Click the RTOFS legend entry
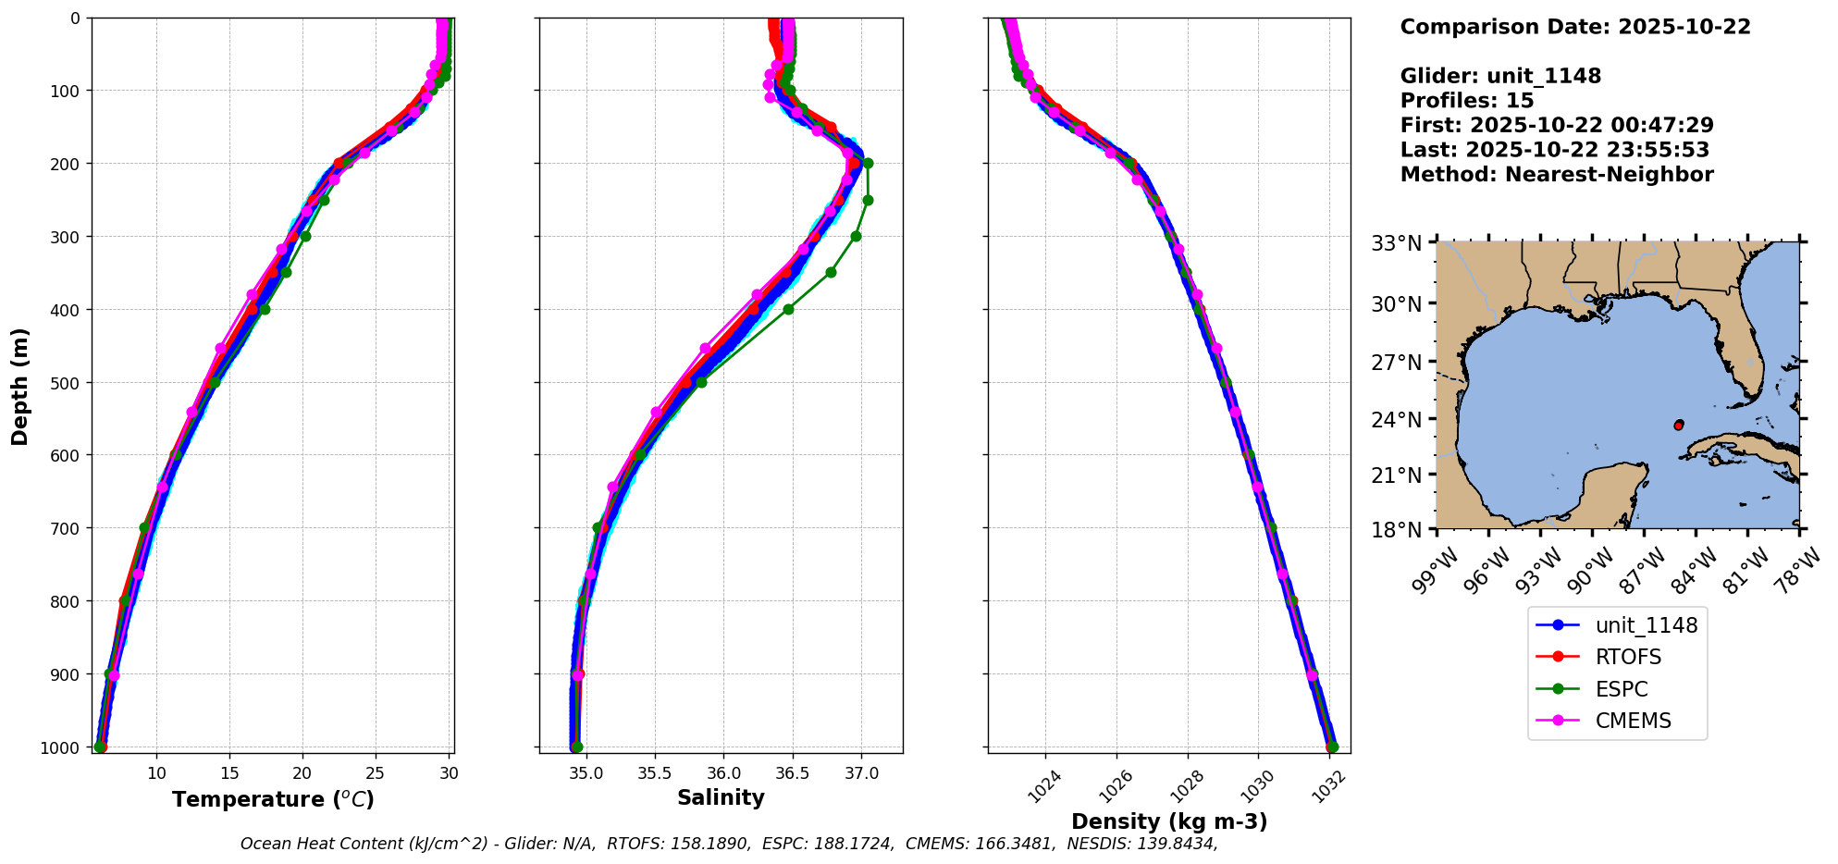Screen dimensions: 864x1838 (1628, 657)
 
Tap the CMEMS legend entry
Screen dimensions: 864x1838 (1633, 721)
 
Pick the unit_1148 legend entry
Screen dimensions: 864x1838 (1646, 625)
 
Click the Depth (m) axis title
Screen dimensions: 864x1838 (20, 386)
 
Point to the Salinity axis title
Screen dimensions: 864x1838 (721, 797)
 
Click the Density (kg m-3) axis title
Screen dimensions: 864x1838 (1169, 821)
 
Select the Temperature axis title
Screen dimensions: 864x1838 (273, 799)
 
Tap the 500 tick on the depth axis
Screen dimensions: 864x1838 (66, 382)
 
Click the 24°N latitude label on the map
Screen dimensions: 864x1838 (1397, 419)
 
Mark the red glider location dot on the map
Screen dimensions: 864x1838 (1679, 425)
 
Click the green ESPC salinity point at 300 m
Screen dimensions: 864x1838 (856, 236)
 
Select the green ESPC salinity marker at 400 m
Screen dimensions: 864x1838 (788, 309)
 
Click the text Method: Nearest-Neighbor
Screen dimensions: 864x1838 (1557, 175)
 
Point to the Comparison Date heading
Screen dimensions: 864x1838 (1575, 27)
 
